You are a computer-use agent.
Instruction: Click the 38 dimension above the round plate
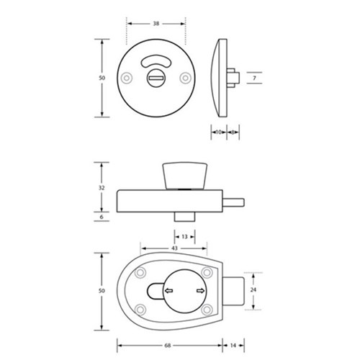156,23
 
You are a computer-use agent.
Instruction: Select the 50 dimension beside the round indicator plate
102,78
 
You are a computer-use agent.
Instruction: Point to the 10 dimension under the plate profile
218,132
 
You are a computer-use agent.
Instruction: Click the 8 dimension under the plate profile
233,132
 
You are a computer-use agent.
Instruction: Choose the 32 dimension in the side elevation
102,187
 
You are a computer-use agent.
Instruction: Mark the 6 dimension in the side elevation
102,216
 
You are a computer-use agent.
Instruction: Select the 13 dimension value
184,235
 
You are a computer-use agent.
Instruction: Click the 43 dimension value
174,248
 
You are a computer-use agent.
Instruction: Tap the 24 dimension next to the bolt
253,291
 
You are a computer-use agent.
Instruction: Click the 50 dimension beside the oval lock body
102,290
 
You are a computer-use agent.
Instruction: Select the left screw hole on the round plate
127,78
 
